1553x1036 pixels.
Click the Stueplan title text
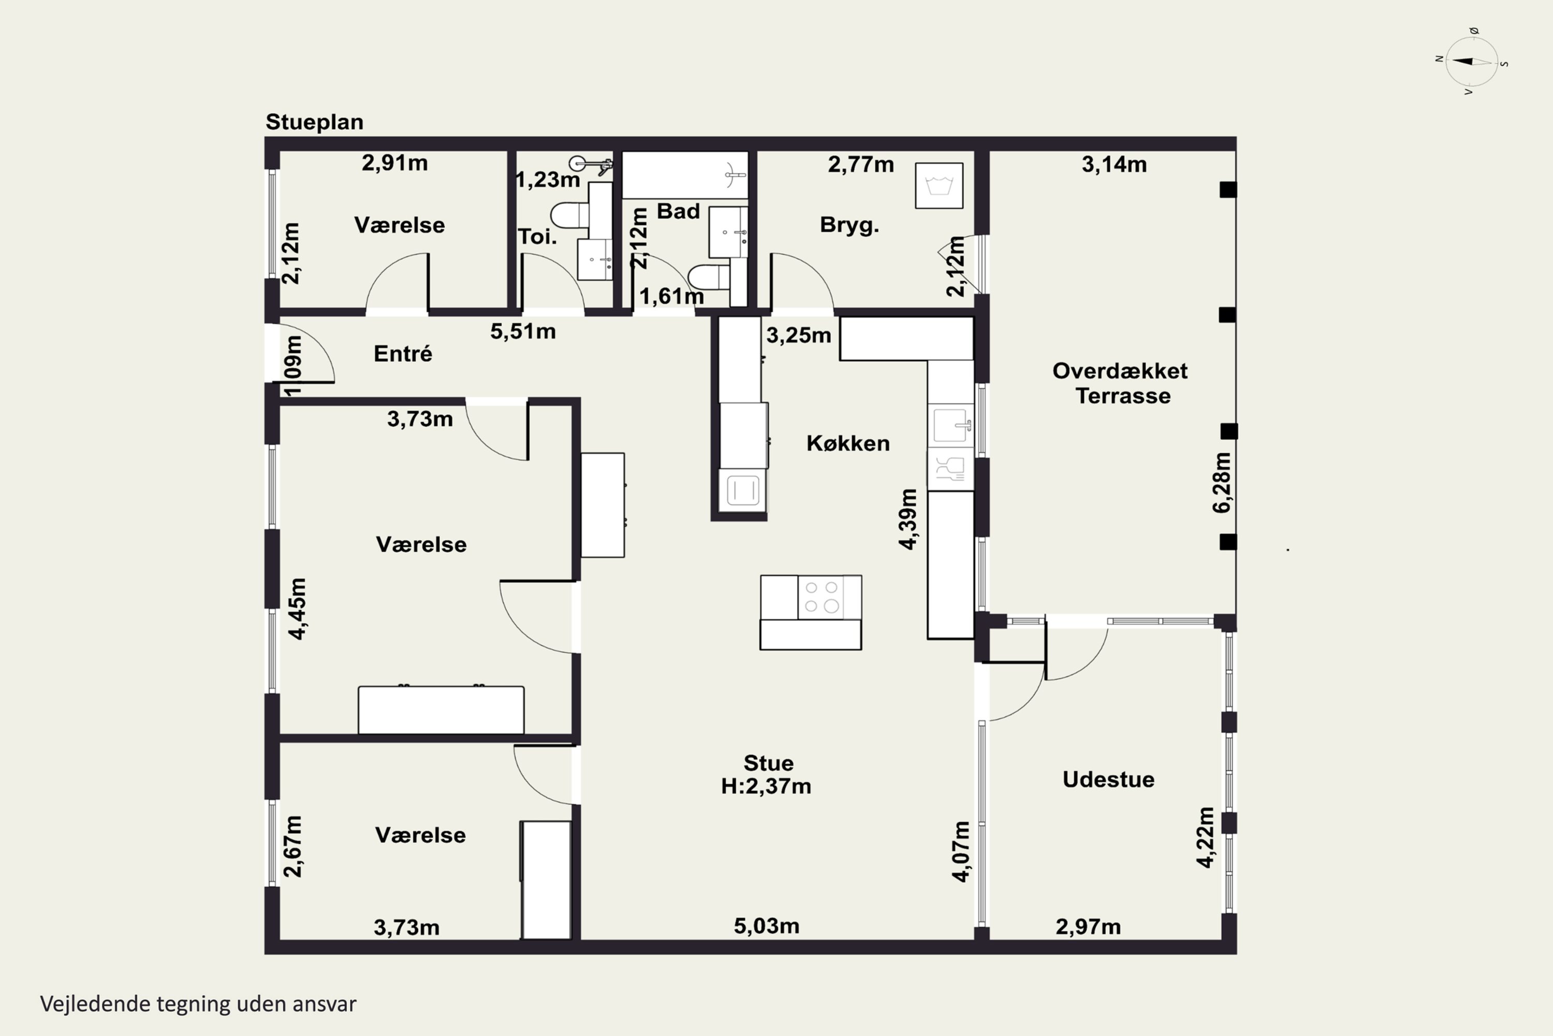[x=314, y=122]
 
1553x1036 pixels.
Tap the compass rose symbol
[x=1472, y=62]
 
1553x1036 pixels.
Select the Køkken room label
[x=848, y=443]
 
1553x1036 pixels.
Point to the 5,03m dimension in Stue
[x=767, y=926]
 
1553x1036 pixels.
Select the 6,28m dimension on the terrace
[x=1222, y=482]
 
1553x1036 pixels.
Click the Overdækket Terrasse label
[x=1121, y=383]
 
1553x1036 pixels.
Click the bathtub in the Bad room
[x=685, y=175]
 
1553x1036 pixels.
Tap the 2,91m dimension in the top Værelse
[x=395, y=163]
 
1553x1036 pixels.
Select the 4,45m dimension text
[x=297, y=609]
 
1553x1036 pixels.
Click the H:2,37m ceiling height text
[x=766, y=786]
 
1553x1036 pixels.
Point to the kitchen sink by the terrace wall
[x=951, y=425]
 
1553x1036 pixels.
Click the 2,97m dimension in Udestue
[x=1088, y=927]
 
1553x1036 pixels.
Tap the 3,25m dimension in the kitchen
[x=798, y=336]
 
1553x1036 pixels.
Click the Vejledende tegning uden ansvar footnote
[x=198, y=1004]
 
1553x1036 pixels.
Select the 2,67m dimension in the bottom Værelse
[x=292, y=846]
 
